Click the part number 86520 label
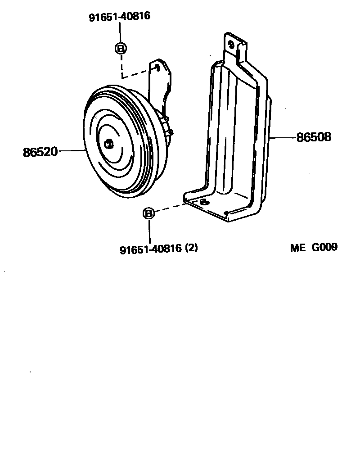(40, 152)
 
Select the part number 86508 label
(314, 137)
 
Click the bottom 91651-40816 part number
(150, 248)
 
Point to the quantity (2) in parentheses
(191, 248)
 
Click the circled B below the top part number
(121, 48)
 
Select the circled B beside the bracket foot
(148, 213)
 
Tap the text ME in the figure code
(297, 247)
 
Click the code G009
(324, 247)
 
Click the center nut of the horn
(108, 144)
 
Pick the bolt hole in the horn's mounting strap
(157, 67)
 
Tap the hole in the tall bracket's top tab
(231, 44)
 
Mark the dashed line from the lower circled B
(171, 208)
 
